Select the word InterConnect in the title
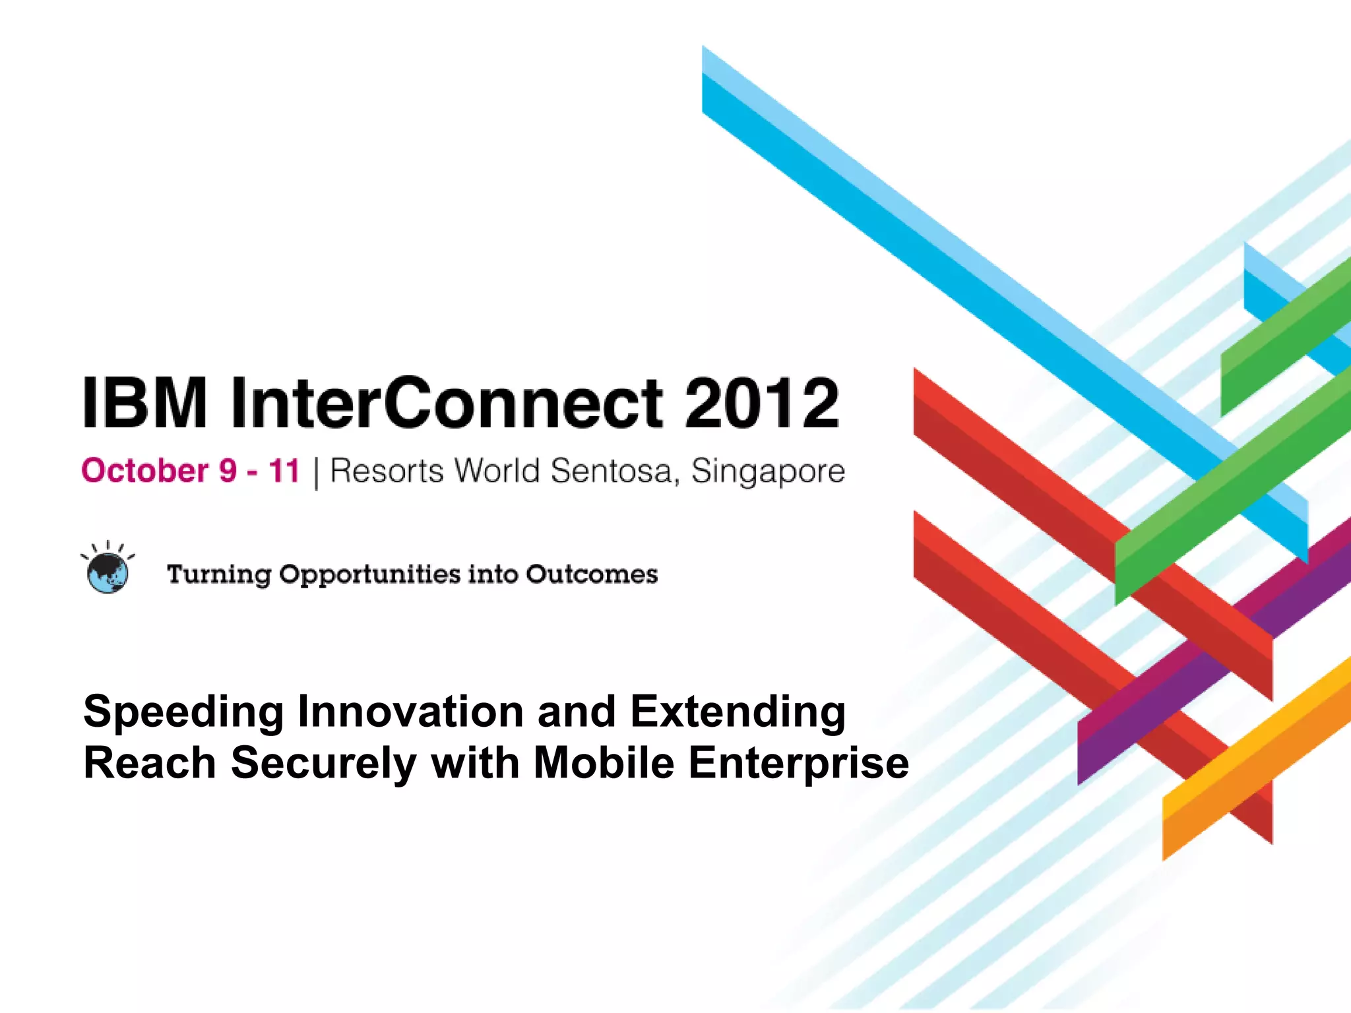pos(447,403)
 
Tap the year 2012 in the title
pos(762,403)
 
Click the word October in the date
pos(145,471)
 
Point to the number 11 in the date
pos(284,471)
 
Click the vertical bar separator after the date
pos(316,472)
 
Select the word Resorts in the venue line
pos(387,471)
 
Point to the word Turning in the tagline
pos(219,574)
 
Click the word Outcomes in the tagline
pos(592,574)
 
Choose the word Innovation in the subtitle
pos(410,712)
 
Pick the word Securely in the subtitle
pos(323,764)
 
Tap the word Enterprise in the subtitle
pos(799,764)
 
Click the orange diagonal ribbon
pos(1253,758)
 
